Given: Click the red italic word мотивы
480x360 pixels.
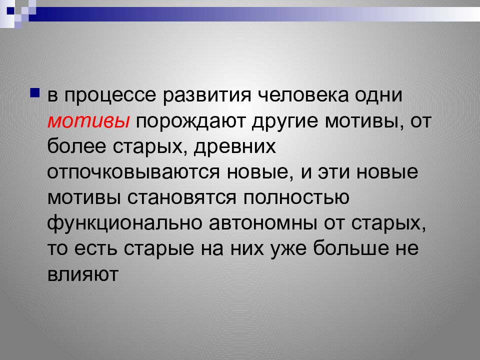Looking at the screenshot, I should tap(89, 121).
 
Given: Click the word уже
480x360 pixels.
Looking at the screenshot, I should tap(290, 249).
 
